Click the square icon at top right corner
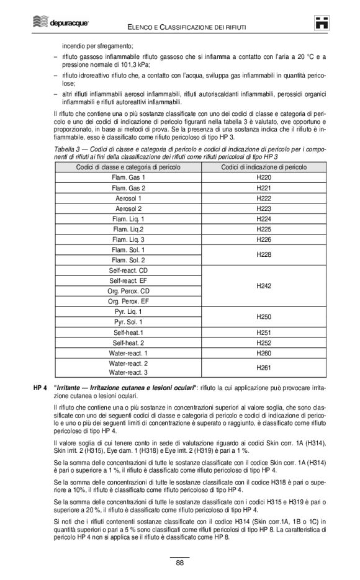click(321, 23)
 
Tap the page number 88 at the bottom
click(179, 563)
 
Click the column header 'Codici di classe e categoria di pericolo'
click(128, 167)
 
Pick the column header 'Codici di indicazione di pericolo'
click(264, 167)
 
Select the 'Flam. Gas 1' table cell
click(128, 177)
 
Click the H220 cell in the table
click(264, 177)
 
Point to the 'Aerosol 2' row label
click(128, 208)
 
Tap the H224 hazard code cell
click(264, 219)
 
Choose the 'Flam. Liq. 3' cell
click(128, 239)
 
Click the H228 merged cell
click(264, 255)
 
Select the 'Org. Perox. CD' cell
click(128, 291)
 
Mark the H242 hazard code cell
click(264, 286)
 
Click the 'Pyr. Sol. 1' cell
click(128, 322)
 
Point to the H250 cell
click(264, 317)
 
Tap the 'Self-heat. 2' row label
click(128, 342)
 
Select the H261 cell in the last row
click(264, 368)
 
